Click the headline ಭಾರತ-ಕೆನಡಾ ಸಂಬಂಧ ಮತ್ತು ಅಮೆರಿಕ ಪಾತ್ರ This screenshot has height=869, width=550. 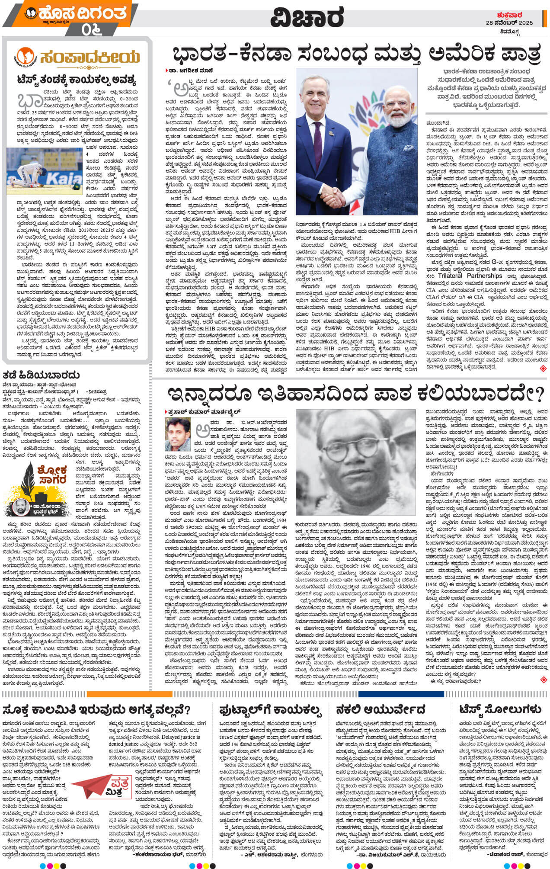tap(357, 55)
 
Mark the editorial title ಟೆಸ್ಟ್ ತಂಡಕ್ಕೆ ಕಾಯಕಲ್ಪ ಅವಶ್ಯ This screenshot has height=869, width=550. tap(76, 79)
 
